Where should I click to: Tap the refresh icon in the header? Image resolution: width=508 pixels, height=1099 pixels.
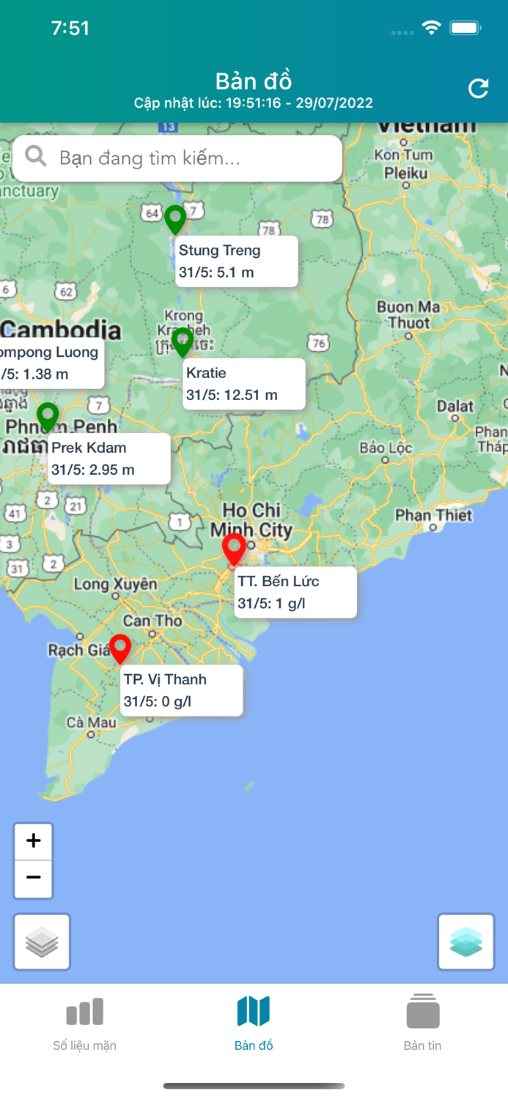pos(478,89)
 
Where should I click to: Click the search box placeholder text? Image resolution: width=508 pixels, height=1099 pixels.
pos(150,158)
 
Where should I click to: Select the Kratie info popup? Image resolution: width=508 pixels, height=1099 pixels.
pos(243,384)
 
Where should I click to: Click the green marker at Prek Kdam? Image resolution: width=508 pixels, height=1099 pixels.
pos(48,416)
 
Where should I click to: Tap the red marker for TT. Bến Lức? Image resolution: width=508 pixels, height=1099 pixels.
pos(234,549)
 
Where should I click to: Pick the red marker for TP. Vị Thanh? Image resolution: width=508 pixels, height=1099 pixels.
pos(120,648)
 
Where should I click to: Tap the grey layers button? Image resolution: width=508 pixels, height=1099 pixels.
pos(42,942)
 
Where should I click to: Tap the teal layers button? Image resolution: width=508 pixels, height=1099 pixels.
pos(466,942)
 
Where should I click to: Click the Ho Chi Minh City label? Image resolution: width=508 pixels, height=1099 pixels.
pos(251,519)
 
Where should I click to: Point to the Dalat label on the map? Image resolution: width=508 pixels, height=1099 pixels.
pos(455,406)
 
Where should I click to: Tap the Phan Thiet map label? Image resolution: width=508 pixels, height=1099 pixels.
pos(434,515)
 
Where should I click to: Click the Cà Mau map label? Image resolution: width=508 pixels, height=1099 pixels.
pos(92,722)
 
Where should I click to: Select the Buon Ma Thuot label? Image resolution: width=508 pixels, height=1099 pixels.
pos(408,314)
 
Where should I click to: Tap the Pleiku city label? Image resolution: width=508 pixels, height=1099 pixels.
pos(405,174)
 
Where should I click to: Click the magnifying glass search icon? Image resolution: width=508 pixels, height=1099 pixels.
pos(35,156)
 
